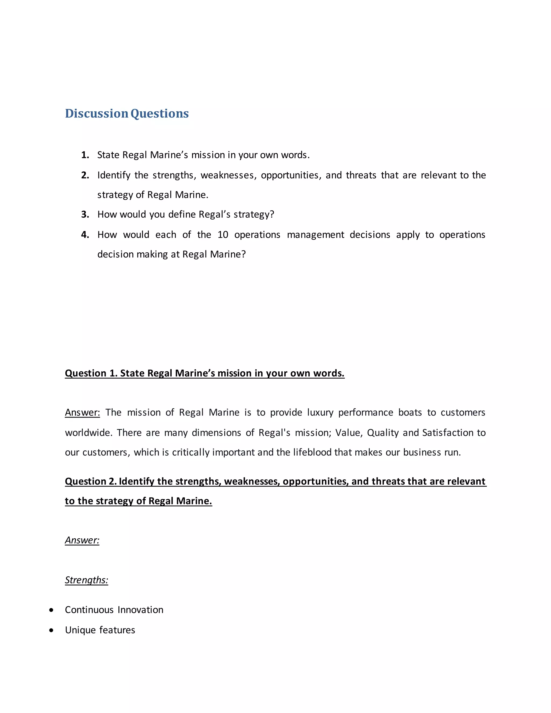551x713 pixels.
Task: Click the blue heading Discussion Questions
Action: click(127, 114)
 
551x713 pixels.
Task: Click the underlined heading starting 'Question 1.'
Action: click(204, 373)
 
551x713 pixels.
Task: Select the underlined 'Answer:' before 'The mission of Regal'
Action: click(82, 413)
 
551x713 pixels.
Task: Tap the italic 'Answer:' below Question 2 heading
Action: click(82, 540)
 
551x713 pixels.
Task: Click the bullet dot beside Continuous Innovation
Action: click(51, 610)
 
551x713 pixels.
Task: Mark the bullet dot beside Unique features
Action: click(51, 630)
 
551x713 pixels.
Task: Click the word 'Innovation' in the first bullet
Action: click(140, 610)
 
